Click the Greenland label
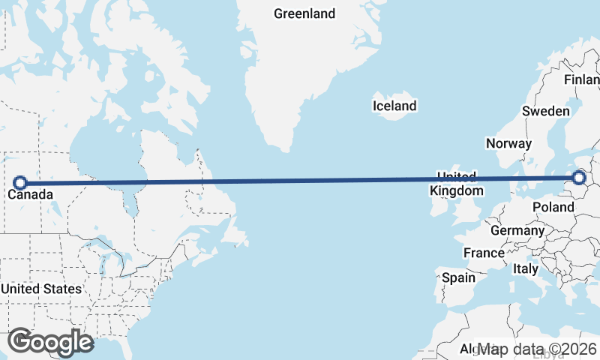click(304, 13)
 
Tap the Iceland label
click(394, 106)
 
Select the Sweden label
click(546, 111)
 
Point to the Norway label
click(508, 143)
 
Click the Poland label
click(553, 206)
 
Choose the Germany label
click(517, 230)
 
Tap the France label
click(484, 253)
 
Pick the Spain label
click(458, 277)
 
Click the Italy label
click(525, 268)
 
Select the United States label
click(41, 289)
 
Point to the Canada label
click(30, 195)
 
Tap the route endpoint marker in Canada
click(21, 182)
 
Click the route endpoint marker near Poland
click(579, 178)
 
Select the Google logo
click(50, 342)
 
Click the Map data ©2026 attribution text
click(538, 349)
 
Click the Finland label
click(583, 79)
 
